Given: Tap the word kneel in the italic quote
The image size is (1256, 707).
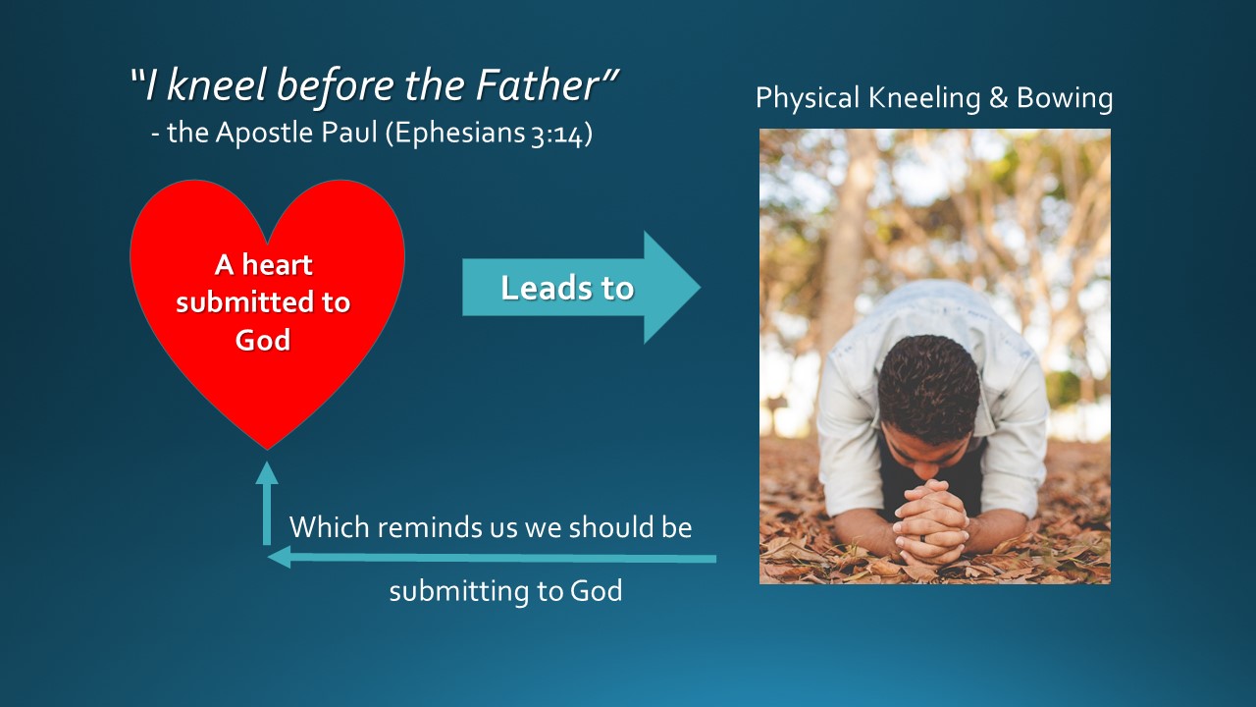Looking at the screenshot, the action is [217, 84].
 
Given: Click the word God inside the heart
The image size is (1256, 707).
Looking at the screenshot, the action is [262, 340].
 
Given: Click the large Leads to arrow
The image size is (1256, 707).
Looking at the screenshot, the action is [581, 288].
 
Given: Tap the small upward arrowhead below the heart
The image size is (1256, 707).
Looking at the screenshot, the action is [267, 472].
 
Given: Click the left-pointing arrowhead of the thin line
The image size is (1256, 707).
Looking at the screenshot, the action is [280, 557].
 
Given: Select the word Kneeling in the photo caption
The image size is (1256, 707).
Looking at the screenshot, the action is [924, 97].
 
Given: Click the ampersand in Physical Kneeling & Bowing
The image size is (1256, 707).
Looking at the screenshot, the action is [999, 97].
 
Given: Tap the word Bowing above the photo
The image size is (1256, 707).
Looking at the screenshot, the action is [1065, 97].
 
